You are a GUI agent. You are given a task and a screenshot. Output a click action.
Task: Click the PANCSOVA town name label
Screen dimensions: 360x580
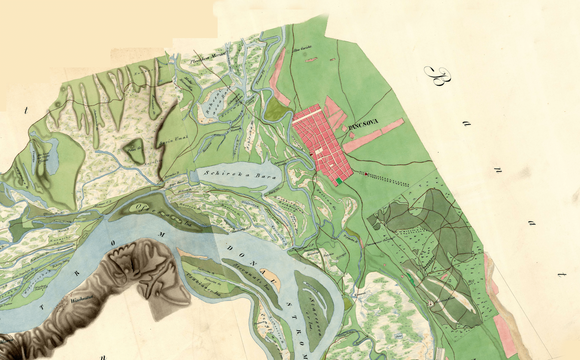(363, 122)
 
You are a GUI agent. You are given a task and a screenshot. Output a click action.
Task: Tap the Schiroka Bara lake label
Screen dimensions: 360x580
(240, 175)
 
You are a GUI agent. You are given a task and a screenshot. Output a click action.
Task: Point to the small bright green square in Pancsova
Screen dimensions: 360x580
(339, 182)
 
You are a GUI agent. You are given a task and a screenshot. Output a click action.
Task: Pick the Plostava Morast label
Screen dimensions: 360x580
(208, 58)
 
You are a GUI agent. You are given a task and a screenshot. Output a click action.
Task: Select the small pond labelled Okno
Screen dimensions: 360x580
(399, 336)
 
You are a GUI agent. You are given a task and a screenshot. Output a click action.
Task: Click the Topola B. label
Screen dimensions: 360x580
(350, 239)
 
